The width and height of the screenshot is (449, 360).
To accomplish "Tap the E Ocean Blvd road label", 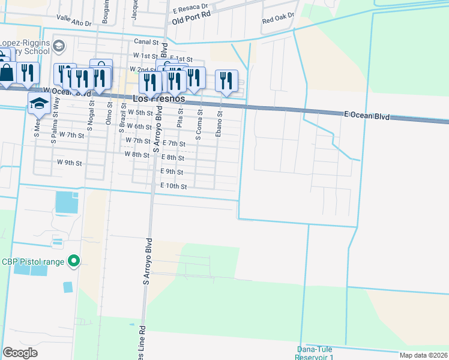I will pyautogui.click(x=366, y=115).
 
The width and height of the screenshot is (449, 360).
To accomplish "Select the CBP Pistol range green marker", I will pyautogui.click(x=74, y=261).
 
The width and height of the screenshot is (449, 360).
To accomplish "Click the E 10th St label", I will pyautogui.click(x=174, y=187).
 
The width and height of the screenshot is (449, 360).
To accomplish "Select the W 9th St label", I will pyautogui.click(x=69, y=163).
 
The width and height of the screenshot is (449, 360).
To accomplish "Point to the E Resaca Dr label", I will pyautogui.click(x=190, y=10).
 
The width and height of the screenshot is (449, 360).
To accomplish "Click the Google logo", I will pyautogui.click(x=20, y=352).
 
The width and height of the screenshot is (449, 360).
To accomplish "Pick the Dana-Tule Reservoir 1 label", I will pyautogui.click(x=314, y=353).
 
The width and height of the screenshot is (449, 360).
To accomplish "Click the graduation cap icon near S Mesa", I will pyautogui.click(x=39, y=103).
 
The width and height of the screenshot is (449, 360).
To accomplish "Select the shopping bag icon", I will pyautogui.click(x=7, y=73).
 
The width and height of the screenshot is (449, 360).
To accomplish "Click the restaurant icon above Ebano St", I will pyautogui.click(x=226, y=80).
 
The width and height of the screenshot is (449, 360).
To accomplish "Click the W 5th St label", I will pyautogui.click(x=140, y=112).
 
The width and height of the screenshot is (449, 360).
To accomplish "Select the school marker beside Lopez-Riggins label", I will pyautogui.click(x=59, y=46).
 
